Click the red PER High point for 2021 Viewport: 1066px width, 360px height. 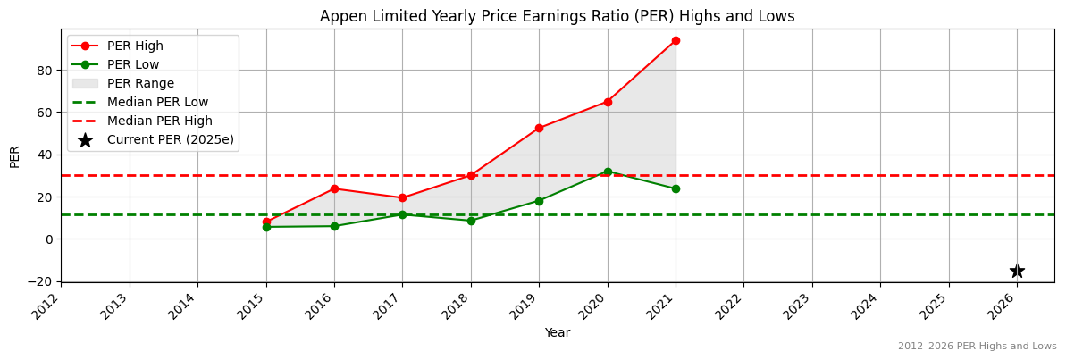tap(676, 40)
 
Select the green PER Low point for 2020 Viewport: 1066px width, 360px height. tap(608, 172)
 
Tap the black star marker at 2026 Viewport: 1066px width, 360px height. tap(1017, 271)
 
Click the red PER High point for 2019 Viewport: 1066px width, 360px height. tap(539, 128)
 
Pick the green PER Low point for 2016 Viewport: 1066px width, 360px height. tap(334, 226)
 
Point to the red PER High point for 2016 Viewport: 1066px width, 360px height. tap(334, 188)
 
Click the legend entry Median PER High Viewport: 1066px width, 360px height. tap(159, 121)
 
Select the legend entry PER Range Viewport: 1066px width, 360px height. tap(140, 83)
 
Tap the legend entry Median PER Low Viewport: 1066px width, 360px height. tap(157, 102)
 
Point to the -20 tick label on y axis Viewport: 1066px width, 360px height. tap(41, 281)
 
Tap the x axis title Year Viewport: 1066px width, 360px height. tap(557, 332)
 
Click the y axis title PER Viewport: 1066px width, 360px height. tap(14, 155)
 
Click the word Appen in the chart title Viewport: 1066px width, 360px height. tap(340, 16)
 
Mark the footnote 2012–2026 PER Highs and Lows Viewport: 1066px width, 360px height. tap(977, 346)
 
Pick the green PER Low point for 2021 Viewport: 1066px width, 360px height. tap(676, 188)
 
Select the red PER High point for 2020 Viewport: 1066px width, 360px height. tap(608, 102)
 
